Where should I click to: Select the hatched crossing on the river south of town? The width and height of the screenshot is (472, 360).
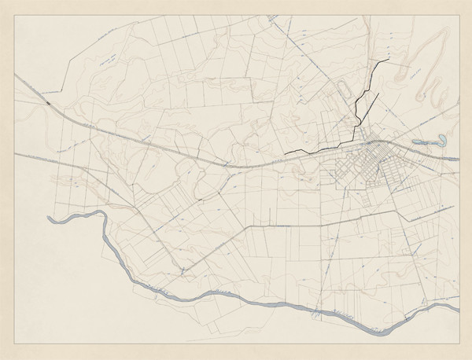click(x=315, y=315)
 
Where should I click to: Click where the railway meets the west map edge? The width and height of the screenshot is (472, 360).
click(x=14, y=74)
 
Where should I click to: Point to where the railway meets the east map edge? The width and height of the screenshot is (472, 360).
click(x=459, y=158)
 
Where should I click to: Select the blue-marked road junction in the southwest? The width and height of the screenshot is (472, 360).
click(x=183, y=271)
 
